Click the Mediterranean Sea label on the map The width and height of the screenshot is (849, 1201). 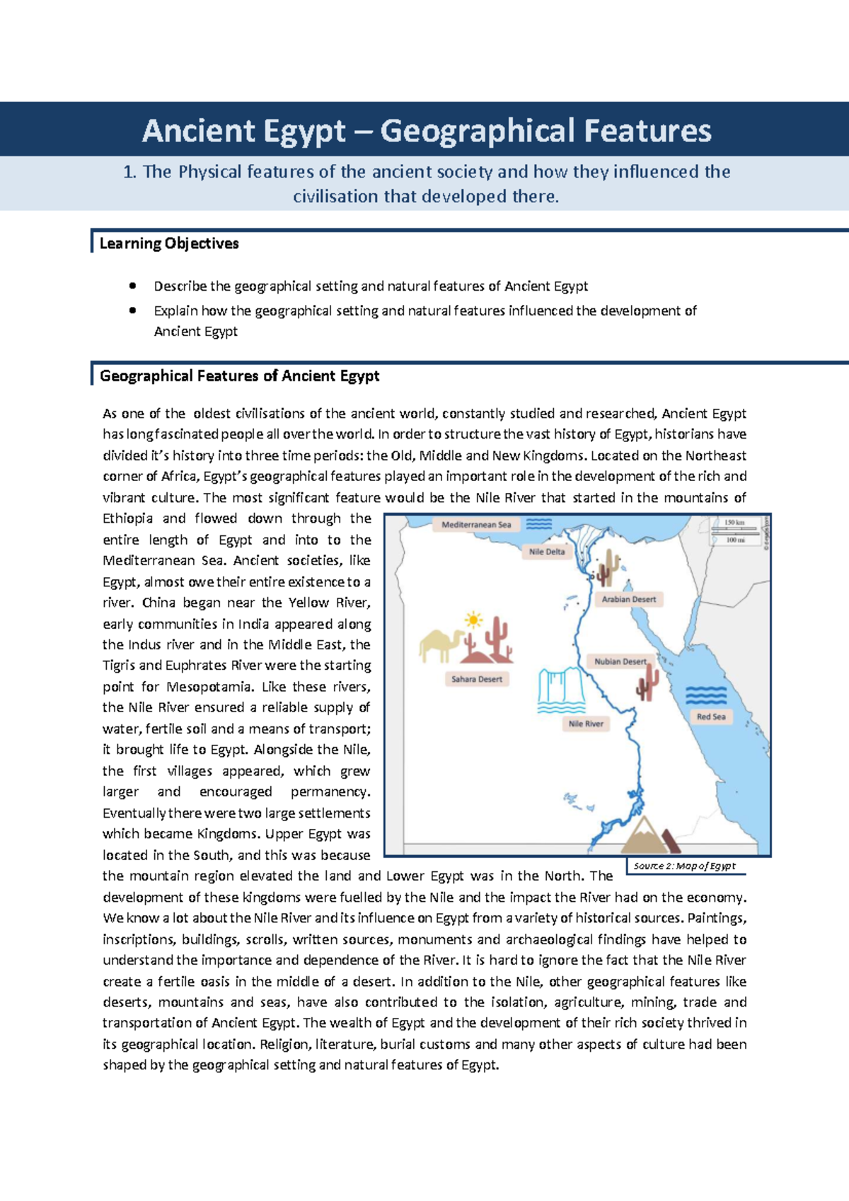click(476, 525)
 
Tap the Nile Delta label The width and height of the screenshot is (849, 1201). click(547, 552)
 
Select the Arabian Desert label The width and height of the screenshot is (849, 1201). click(628, 599)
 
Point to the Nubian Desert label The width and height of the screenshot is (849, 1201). click(620, 661)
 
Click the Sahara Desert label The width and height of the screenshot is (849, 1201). click(477, 679)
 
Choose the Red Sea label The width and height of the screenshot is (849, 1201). click(710, 716)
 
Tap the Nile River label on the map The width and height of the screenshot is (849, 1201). click(586, 724)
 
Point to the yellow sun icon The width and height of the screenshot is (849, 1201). click(473, 621)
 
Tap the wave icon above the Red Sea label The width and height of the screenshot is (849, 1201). click(705, 695)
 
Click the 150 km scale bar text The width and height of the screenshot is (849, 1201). click(735, 523)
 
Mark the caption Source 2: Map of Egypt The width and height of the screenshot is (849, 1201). click(684, 866)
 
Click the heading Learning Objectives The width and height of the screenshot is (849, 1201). click(169, 243)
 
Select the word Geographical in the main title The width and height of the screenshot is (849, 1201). click(477, 131)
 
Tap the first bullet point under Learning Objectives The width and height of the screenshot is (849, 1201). click(132, 286)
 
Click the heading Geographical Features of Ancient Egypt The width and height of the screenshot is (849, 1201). click(239, 376)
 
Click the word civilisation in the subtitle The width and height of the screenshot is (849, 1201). click(335, 197)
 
